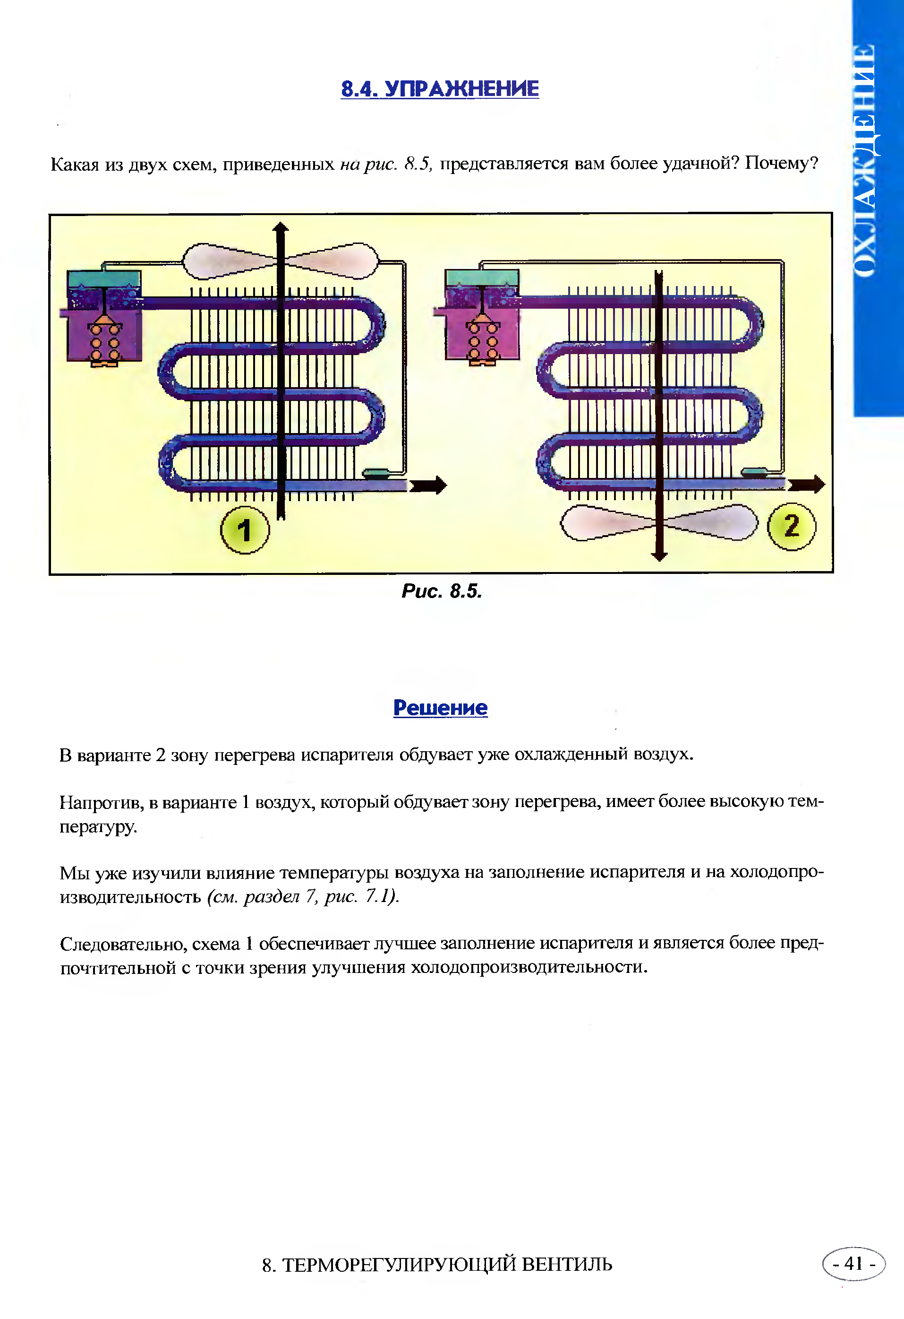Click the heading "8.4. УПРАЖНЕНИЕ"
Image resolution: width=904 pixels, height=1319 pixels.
point(440,88)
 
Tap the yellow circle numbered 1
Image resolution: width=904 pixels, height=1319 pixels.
point(245,530)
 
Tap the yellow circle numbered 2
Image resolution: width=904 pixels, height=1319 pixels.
point(792,526)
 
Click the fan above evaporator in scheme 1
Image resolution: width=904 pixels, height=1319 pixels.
point(280,260)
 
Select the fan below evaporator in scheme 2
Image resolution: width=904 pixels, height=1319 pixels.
point(659,522)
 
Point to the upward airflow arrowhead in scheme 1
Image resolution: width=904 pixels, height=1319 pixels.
point(281,227)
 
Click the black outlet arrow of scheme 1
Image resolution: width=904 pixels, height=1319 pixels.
point(428,485)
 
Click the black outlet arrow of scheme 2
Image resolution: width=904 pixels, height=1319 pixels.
point(806,484)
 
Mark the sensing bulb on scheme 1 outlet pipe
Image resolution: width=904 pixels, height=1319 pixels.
point(375,472)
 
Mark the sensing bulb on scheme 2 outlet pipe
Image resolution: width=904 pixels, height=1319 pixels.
point(754,471)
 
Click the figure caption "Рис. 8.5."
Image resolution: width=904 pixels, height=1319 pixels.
point(442,591)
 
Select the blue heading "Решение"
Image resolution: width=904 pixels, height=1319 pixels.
point(440,708)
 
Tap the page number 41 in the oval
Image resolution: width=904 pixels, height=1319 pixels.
point(853,1264)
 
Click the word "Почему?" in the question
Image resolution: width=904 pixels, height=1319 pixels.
point(782,164)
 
